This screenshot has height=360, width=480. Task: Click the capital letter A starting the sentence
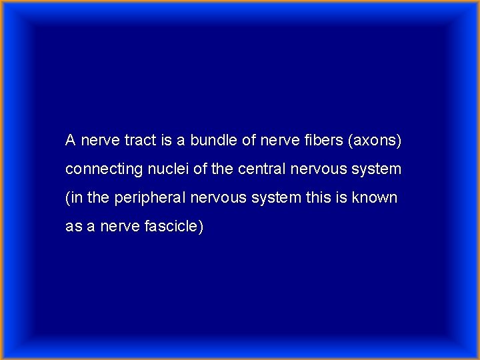coord(70,141)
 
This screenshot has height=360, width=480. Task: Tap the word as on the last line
coord(73,227)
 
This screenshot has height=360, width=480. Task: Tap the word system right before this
coord(279,198)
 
